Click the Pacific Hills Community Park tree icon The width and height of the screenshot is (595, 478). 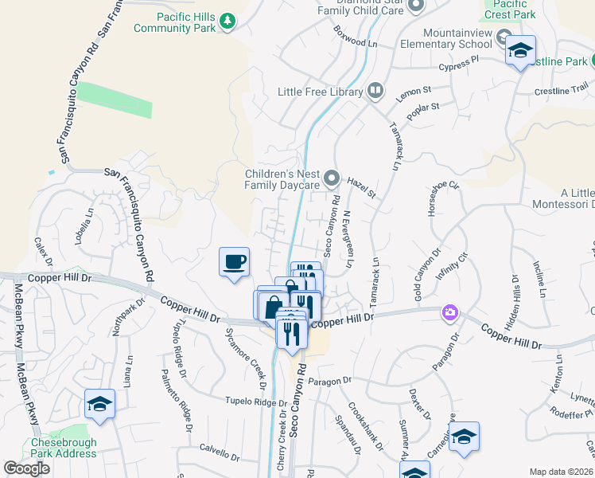tap(228, 20)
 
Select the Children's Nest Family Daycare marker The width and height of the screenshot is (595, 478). tap(332, 178)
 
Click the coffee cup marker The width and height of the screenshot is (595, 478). tap(234, 262)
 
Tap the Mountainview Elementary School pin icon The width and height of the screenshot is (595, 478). tap(504, 37)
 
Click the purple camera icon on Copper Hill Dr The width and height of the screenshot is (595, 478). tap(451, 311)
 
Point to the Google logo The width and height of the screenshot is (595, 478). tap(27, 468)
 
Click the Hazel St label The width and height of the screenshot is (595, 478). tap(361, 188)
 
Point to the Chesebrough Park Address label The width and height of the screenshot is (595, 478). tap(64, 449)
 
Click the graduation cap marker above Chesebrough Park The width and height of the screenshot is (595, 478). tap(100, 403)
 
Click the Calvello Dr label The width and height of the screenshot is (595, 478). tap(220, 453)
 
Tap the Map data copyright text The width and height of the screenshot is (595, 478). tap(560, 472)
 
